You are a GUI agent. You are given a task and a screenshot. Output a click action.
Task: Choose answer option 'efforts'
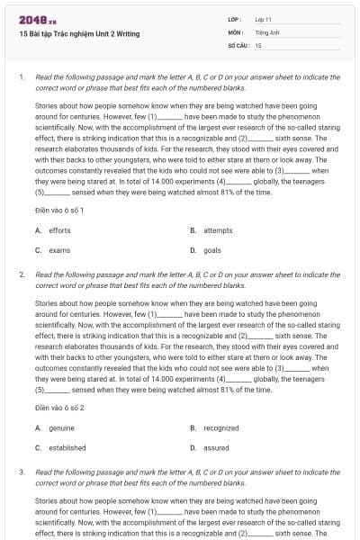pyautogui.click(x=59, y=230)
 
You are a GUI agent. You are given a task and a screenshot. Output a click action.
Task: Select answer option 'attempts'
pyautogui.click(x=218, y=230)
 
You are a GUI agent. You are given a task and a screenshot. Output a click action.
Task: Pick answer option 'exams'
pyautogui.click(x=59, y=249)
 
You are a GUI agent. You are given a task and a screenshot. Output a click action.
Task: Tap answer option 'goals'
pyautogui.click(x=212, y=249)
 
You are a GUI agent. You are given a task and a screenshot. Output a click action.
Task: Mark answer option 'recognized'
pyautogui.click(x=221, y=428)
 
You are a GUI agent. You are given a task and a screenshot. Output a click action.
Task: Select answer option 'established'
pyautogui.click(x=67, y=447)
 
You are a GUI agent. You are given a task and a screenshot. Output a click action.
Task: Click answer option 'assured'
pyautogui.click(x=217, y=447)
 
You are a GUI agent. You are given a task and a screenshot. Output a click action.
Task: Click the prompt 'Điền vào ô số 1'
pyautogui.click(x=59, y=209)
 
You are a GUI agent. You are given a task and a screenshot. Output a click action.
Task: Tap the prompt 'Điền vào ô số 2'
pyautogui.click(x=59, y=407)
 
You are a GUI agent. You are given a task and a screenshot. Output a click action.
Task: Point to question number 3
pyautogui.click(x=21, y=471)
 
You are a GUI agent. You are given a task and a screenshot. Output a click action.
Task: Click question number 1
pyautogui.click(x=21, y=77)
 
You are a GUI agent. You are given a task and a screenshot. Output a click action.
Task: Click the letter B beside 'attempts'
pyautogui.click(x=193, y=230)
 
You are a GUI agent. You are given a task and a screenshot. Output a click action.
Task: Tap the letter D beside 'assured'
pyautogui.click(x=193, y=447)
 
